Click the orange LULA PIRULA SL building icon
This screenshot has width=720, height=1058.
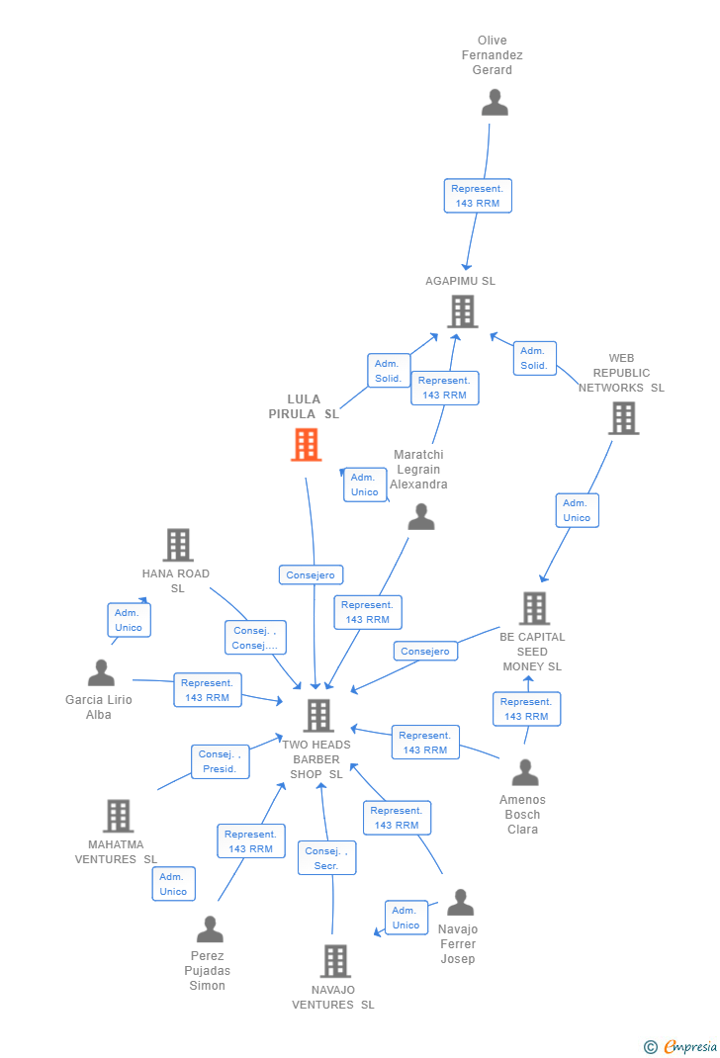[x=306, y=445]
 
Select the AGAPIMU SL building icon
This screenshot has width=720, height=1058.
[x=462, y=311]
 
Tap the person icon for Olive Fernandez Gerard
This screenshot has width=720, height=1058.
[x=495, y=102]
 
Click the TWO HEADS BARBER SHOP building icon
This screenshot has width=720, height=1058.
[x=317, y=715]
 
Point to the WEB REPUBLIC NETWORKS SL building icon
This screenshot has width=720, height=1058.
[x=623, y=418]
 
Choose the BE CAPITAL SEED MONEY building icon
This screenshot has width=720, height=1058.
[x=534, y=608]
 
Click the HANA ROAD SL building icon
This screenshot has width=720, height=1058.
[x=177, y=545]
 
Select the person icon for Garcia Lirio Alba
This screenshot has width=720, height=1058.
[x=101, y=673]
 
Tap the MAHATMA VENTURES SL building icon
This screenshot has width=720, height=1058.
[x=118, y=816]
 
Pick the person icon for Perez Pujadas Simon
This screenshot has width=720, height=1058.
[x=210, y=929]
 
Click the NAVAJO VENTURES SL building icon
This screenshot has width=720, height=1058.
[x=335, y=961]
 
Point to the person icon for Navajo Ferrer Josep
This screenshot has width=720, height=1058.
[x=460, y=903]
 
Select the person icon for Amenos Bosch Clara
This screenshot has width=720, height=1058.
[x=524, y=772]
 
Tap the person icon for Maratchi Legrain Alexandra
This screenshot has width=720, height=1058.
[x=421, y=516]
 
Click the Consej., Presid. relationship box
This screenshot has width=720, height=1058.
[x=220, y=761]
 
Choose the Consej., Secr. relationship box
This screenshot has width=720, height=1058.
[x=326, y=857]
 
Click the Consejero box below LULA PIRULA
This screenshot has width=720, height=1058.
[x=312, y=574]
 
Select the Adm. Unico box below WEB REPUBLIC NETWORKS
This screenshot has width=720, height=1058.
[x=577, y=510]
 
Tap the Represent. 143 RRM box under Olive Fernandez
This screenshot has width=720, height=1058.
[x=478, y=196]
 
